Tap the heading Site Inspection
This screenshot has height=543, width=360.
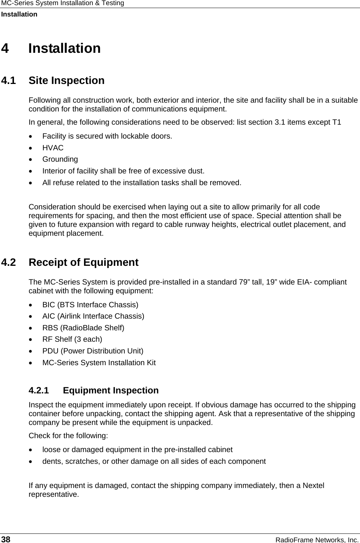pos(66,81)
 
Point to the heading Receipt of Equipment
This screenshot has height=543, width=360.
pos(83,263)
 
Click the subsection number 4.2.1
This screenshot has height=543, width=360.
pos(39,390)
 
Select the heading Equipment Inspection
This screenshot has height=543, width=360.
pos(111,390)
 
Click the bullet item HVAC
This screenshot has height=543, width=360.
pos(53,148)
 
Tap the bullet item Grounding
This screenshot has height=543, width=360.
pos(60,159)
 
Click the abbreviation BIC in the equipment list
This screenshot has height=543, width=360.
pos(48,305)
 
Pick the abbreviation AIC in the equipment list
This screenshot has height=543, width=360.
pos(48,316)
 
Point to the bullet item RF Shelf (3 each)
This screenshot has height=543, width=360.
pos(72,340)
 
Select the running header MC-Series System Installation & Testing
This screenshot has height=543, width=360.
pos(62,3)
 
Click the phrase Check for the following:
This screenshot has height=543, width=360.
pos(68,436)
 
